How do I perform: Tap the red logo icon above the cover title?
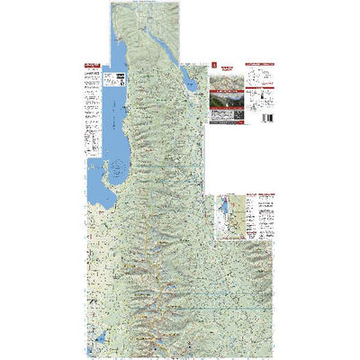pos(214,65)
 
